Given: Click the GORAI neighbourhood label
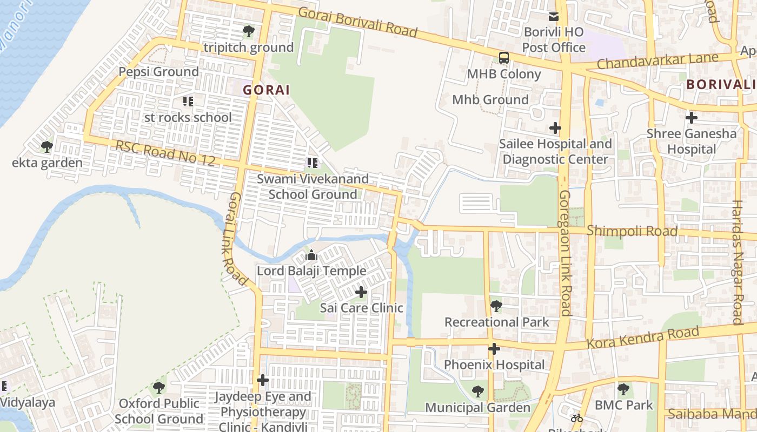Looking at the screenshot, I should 266,90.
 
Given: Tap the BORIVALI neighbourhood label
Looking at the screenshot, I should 721,85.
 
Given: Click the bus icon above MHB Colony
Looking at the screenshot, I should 503,58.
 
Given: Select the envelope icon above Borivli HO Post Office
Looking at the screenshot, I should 553,17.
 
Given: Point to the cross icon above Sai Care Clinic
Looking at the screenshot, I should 361,292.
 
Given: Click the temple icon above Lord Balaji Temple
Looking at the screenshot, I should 311,255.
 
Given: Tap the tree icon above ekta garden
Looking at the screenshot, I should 47,146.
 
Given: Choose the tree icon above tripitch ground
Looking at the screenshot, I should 248,31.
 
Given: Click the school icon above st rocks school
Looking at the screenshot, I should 188,101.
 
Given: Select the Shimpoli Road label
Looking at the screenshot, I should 632,231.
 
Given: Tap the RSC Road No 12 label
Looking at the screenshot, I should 165,153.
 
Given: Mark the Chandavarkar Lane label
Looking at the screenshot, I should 658,61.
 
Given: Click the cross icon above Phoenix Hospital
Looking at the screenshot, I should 494,349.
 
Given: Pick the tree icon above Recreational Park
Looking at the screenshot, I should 496,306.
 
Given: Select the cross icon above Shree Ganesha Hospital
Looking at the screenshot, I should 691,117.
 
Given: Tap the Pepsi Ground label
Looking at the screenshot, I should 158,72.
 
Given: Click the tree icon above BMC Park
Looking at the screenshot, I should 623,389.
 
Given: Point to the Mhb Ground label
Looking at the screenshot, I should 490,100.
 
